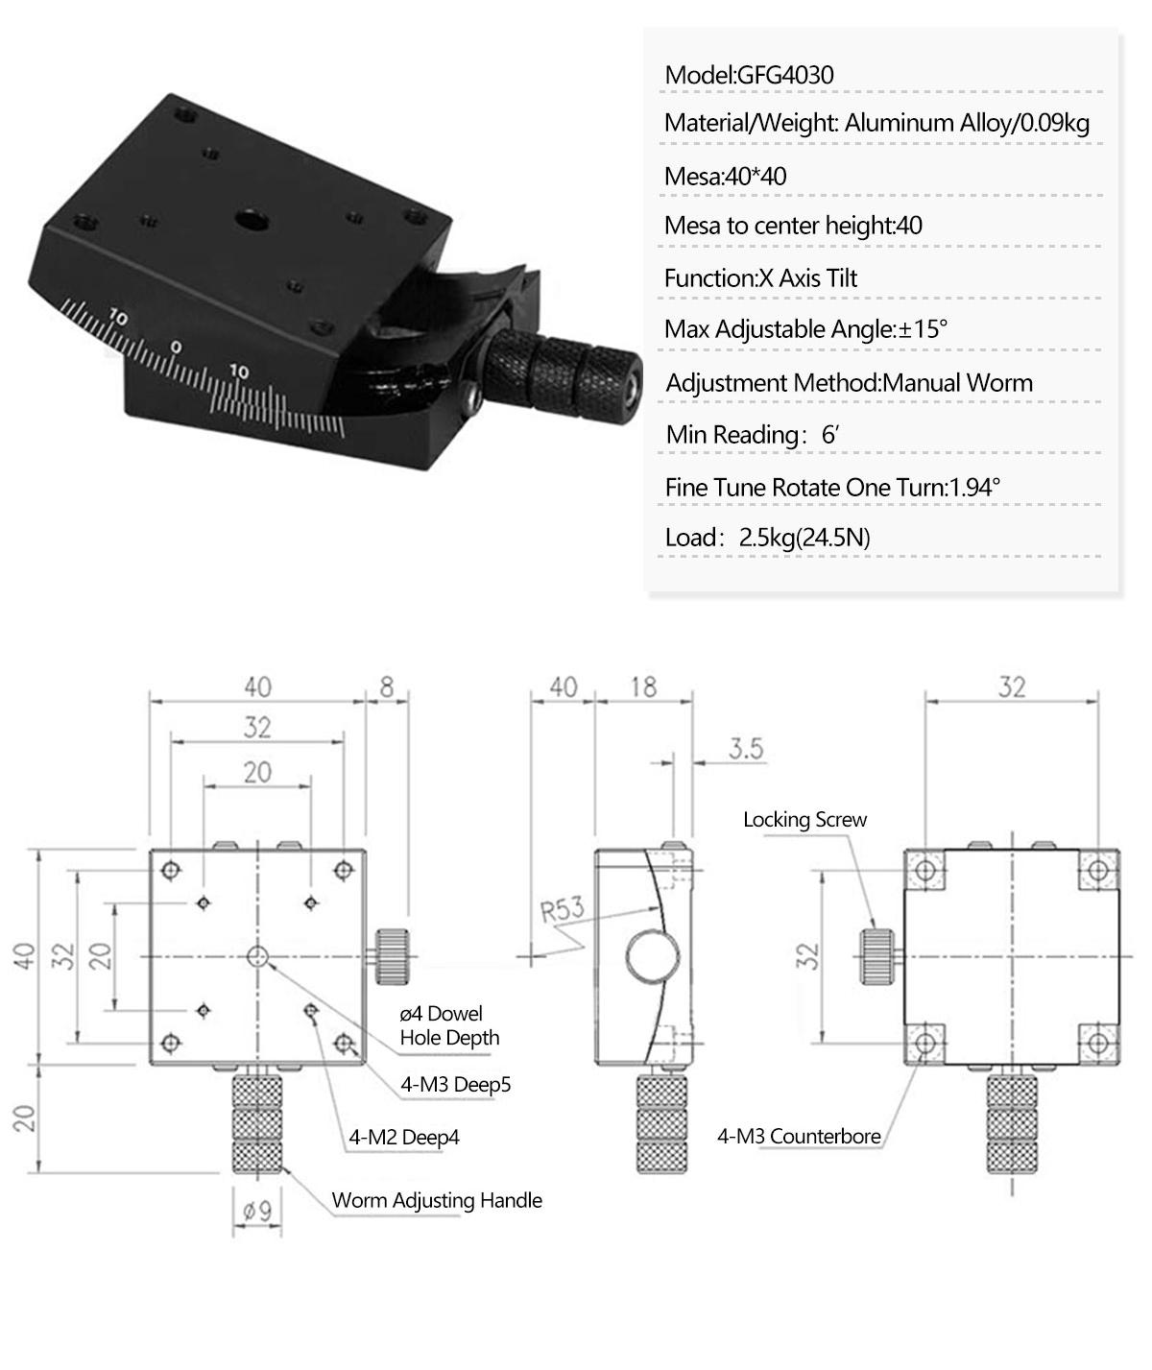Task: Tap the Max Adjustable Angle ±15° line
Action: tap(805, 329)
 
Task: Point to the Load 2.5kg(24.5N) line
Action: tap(767, 537)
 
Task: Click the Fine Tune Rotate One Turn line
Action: tap(832, 487)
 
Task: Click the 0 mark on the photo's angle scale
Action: tap(175, 347)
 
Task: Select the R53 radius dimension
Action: tap(562, 907)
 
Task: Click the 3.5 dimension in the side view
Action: tap(746, 748)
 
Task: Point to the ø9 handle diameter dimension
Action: tap(256, 1212)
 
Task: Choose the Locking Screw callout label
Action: tap(804, 820)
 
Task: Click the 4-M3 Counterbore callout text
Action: tap(799, 1137)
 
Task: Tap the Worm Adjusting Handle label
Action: tap(437, 1200)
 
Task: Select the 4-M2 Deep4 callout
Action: tap(403, 1138)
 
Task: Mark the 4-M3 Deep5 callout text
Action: tap(456, 1085)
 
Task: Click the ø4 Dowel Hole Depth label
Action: tap(449, 1025)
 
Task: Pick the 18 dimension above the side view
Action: tap(643, 686)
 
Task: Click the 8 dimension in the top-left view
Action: tap(387, 686)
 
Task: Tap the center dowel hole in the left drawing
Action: tap(257, 955)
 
